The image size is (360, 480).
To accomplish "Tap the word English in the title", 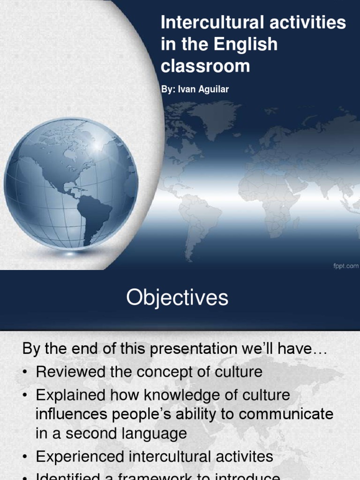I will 246,45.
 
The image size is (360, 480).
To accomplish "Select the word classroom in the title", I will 205,66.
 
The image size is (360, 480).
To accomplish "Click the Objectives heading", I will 177,298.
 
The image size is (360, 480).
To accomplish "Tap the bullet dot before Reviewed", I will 26,373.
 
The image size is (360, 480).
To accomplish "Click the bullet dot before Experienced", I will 26,457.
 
